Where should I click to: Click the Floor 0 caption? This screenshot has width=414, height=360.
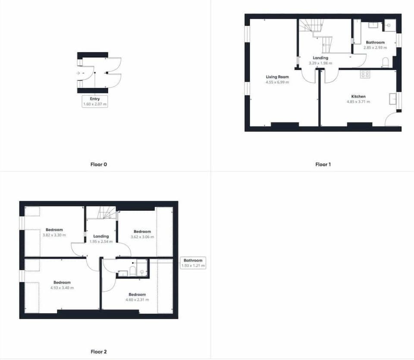point(99,164)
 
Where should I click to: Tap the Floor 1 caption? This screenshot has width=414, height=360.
point(323,164)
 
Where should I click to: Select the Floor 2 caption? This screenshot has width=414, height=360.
point(99,351)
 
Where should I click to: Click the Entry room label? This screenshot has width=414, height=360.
point(95,99)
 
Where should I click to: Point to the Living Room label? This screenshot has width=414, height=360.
point(277,77)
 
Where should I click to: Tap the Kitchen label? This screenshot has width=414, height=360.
point(358,96)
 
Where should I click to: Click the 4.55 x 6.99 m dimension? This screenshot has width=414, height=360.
point(277,82)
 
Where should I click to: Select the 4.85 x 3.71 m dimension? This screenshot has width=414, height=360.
point(358,102)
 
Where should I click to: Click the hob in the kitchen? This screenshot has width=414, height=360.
point(365,74)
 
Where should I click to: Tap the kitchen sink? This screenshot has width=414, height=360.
point(392,98)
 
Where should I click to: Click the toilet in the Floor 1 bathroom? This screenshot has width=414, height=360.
point(385,62)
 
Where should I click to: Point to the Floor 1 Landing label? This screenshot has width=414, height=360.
point(320,58)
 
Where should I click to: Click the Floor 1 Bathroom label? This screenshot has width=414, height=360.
point(375,42)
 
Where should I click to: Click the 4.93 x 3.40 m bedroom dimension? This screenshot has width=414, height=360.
point(62,288)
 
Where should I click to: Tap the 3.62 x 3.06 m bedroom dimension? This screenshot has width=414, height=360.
point(142,237)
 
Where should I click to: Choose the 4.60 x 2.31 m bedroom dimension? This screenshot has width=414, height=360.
point(137,300)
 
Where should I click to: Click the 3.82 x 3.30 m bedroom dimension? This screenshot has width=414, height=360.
point(54,235)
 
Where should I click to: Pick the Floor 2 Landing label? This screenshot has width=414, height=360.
point(101,236)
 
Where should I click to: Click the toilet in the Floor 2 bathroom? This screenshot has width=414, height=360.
point(132,271)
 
